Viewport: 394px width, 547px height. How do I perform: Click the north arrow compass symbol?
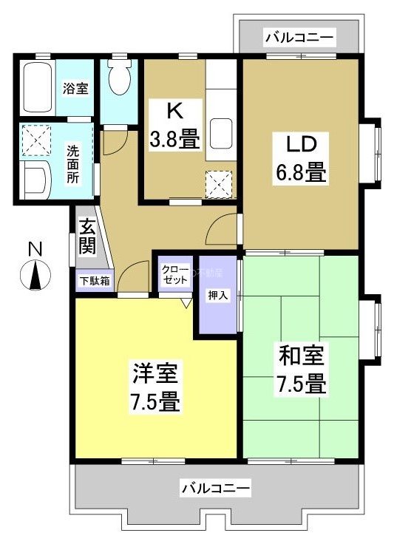coord(35,276)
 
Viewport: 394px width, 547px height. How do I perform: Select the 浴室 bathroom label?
coord(75,89)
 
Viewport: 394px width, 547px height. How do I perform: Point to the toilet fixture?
coord(118,73)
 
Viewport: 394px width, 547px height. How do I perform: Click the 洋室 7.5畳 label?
coord(155,387)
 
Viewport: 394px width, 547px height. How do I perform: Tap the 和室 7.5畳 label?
coord(301,370)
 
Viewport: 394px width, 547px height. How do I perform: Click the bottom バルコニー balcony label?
coord(216,488)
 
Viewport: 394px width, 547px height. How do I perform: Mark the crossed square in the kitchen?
coord(218,183)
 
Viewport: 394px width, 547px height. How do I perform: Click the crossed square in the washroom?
coord(35,139)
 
